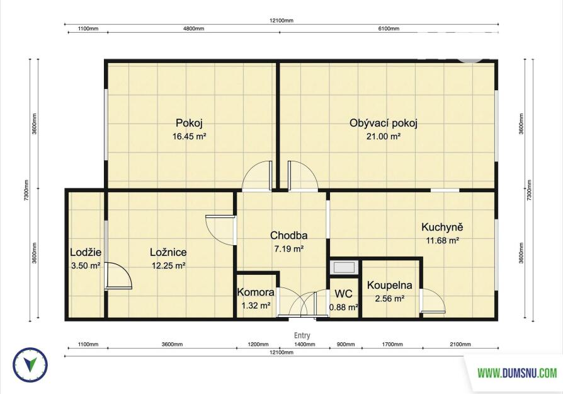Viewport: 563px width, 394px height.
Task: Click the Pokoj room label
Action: (189, 124)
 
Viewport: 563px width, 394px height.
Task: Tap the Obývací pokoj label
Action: (384, 124)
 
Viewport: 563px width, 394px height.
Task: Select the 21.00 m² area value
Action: (384, 136)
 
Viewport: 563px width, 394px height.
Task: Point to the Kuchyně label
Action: (442, 227)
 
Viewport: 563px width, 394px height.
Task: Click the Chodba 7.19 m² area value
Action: (289, 249)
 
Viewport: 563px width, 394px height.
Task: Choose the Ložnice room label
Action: (168, 252)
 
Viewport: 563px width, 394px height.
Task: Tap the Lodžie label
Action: (86, 252)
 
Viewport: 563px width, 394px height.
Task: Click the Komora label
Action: (256, 293)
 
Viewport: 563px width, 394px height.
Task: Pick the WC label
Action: (344, 294)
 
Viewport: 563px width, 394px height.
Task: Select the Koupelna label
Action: (390, 286)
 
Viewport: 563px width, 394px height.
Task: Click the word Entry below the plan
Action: (302, 335)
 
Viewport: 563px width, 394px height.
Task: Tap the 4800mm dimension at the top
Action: (194, 28)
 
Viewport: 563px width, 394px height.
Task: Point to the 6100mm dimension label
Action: (389, 28)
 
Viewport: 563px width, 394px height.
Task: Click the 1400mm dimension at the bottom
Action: (305, 344)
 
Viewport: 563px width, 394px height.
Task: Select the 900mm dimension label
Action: (346, 344)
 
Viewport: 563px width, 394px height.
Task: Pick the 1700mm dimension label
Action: (392, 344)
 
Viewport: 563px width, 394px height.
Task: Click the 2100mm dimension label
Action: (460, 344)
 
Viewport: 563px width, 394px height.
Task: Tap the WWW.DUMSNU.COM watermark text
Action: (517, 373)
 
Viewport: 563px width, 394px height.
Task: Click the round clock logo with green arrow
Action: (30, 365)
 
